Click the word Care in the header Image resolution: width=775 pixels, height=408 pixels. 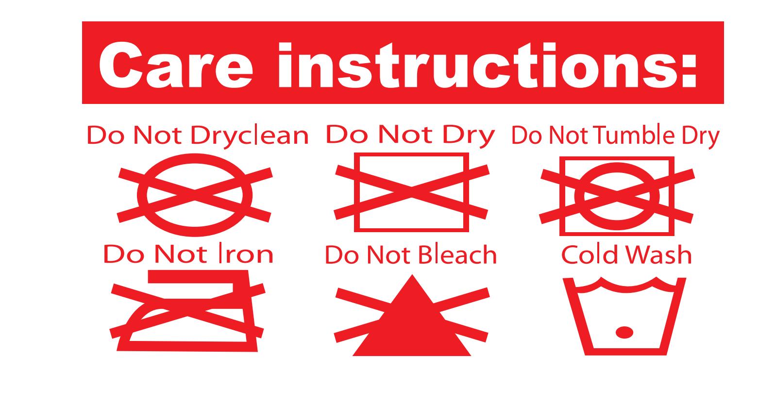(x=176, y=65)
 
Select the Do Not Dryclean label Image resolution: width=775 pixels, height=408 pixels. (x=198, y=136)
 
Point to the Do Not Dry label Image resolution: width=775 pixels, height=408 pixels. (x=411, y=136)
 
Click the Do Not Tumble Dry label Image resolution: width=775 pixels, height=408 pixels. (x=616, y=136)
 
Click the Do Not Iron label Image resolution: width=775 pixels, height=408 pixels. (x=188, y=254)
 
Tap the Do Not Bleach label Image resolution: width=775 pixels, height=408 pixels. (x=411, y=255)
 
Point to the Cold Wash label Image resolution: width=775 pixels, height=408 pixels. (x=626, y=255)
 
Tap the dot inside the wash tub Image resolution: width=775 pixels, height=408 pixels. (x=624, y=333)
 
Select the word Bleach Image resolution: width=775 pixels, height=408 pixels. (x=458, y=255)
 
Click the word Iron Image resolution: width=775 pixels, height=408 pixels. (x=246, y=254)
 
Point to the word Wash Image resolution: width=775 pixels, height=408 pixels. (x=659, y=255)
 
